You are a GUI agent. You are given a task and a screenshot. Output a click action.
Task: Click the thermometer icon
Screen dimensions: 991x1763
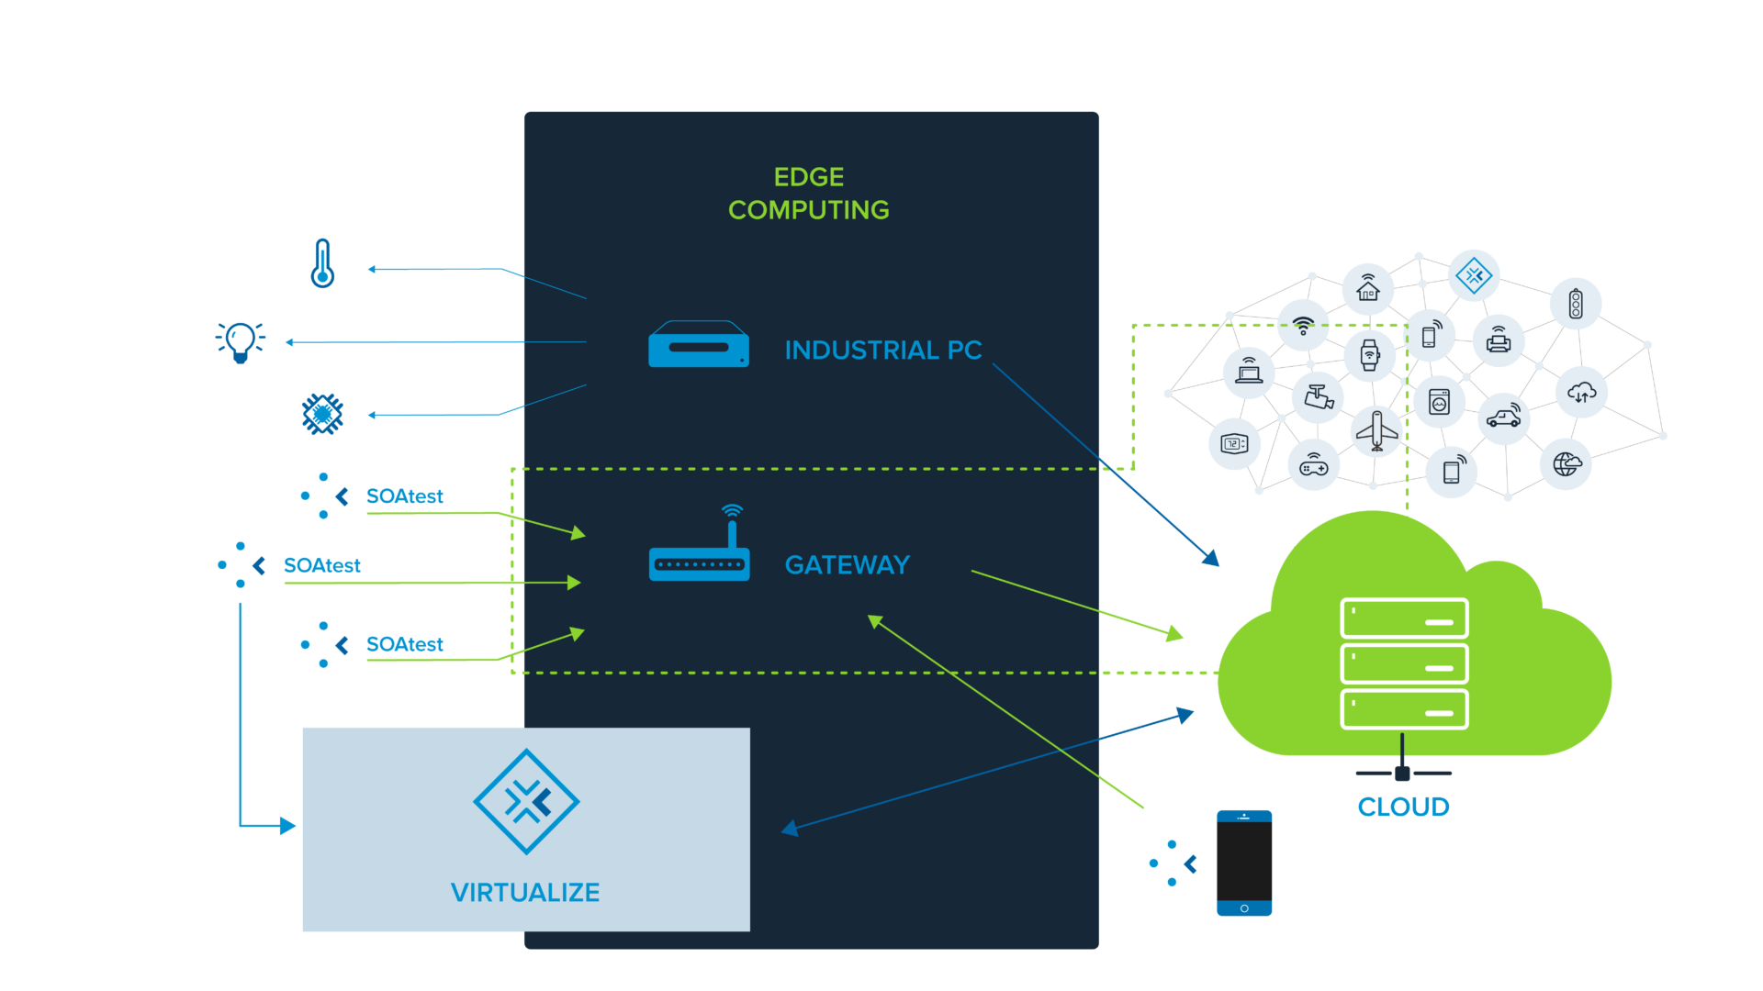pyautogui.click(x=322, y=263)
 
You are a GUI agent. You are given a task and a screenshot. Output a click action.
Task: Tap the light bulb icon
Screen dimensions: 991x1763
pyautogui.click(x=241, y=342)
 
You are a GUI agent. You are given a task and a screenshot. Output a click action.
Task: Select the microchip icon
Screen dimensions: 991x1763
pyautogui.click(x=322, y=414)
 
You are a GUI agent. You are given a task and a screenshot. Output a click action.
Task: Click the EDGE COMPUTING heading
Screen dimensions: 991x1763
pyautogui.click(x=808, y=194)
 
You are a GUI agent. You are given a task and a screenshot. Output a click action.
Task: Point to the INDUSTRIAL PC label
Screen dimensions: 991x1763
pyautogui.click(x=882, y=350)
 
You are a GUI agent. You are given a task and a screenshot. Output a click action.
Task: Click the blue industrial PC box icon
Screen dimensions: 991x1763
pyautogui.click(x=698, y=345)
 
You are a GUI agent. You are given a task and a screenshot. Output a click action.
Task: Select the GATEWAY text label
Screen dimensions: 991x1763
pyautogui.click(x=847, y=564)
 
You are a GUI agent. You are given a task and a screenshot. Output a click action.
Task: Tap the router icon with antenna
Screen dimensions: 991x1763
pyautogui.click(x=700, y=551)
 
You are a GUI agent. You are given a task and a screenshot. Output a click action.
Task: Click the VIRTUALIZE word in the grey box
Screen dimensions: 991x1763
pyautogui.click(x=525, y=892)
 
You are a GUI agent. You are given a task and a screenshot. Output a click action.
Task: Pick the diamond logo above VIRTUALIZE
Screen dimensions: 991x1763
pyautogui.click(x=526, y=802)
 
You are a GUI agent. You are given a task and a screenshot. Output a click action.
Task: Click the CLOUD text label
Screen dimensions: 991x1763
pyautogui.click(x=1403, y=807)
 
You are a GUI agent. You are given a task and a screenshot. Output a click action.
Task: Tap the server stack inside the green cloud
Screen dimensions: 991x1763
pyautogui.click(x=1404, y=663)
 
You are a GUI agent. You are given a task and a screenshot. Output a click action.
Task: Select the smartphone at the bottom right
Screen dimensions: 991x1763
pyautogui.click(x=1244, y=863)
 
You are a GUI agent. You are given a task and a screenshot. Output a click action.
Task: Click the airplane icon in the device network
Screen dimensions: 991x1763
pyautogui.click(x=1376, y=430)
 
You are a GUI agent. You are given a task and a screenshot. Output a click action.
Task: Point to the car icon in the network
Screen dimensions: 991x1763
pyautogui.click(x=1504, y=418)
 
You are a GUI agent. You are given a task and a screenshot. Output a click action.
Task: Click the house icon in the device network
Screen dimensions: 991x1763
pyautogui.click(x=1368, y=289)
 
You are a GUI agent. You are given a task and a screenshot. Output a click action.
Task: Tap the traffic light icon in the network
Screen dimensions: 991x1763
pyautogui.click(x=1576, y=304)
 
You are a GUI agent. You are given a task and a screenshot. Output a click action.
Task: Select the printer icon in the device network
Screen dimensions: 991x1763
pyautogui.click(x=1499, y=340)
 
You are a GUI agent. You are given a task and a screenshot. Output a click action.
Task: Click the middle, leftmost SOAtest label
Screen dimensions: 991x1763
pyautogui.click(x=321, y=565)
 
